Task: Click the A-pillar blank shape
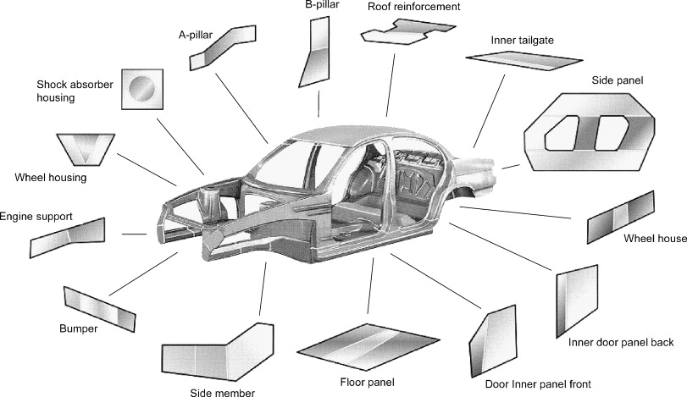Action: pyautogui.click(x=222, y=49)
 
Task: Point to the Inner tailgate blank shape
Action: pyautogui.click(x=523, y=60)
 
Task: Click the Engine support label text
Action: pyautogui.click(x=36, y=217)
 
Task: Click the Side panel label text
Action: pyautogui.click(x=618, y=80)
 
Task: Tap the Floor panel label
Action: pyautogui.click(x=368, y=382)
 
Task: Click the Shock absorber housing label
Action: pyautogui.click(x=67, y=91)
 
